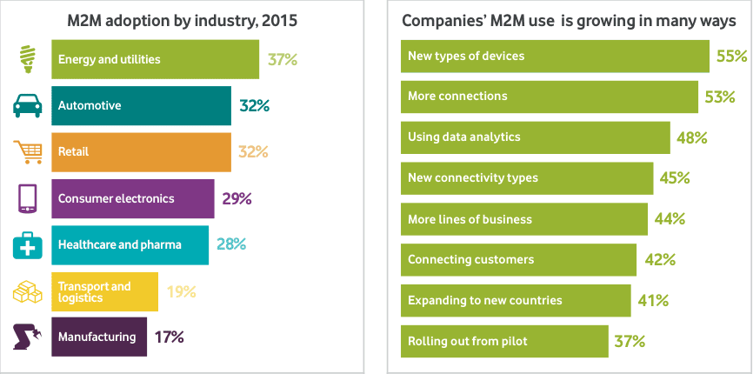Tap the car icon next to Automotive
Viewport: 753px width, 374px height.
27,105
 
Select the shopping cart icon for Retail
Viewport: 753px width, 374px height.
28,152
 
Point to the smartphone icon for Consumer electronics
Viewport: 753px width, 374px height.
27,199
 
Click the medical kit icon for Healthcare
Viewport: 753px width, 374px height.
27,245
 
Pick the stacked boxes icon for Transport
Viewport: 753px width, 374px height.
27,291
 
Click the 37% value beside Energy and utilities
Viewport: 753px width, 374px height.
283,60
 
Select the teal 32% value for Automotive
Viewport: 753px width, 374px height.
254,105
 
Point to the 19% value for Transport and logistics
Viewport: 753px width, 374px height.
181,291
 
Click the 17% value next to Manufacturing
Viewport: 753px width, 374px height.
170,337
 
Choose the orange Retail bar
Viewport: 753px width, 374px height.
141,152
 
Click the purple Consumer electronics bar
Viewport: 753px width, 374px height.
133,199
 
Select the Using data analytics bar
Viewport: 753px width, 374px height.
536,137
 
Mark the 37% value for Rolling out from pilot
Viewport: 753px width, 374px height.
630,341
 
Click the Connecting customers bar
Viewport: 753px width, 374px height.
518,260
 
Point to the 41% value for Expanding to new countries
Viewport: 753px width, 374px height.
653,301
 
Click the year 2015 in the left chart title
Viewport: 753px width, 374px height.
282,21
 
